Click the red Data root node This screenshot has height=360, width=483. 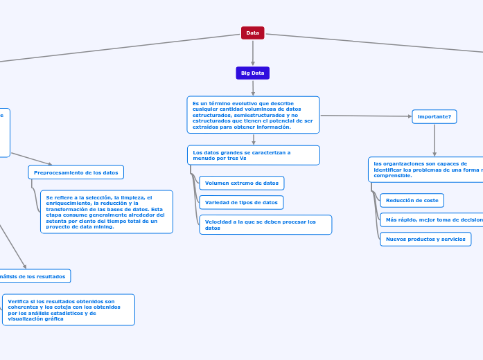[252, 33]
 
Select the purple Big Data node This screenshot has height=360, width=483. [252, 73]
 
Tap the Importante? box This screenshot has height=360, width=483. [434, 116]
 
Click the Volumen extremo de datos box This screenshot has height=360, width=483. [241, 183]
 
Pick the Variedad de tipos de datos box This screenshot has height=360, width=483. [241, 202]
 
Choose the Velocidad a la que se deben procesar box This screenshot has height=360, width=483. [265, 224]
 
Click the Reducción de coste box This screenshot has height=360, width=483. [412, 200]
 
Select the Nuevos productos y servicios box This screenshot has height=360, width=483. [425, 239]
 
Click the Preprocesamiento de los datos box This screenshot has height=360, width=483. [76, 172]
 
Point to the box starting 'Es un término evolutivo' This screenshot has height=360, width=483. [253, 114]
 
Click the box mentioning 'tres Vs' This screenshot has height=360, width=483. [253, 155]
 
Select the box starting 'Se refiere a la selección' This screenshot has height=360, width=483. [106, 212]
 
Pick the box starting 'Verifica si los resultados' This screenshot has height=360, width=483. [69, 309]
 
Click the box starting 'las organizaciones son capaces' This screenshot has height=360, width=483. [425, 170]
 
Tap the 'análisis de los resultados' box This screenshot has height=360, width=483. [33, 276]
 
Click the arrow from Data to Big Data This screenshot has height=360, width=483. [253, 53]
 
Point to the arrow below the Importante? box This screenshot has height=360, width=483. [434, 141]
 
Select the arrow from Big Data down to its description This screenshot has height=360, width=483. [253, 88]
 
